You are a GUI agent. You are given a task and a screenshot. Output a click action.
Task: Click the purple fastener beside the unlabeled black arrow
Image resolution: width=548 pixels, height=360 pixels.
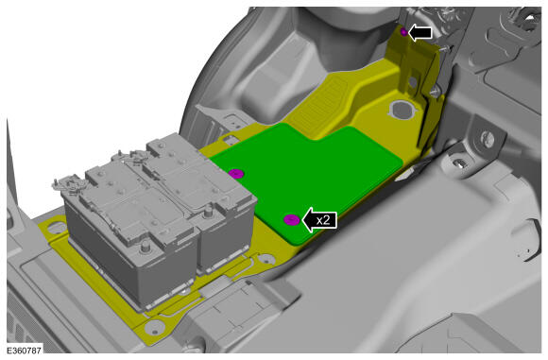tap(403, 32)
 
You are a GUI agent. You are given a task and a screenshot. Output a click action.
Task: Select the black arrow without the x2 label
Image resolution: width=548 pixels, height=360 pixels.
tap(420, 33)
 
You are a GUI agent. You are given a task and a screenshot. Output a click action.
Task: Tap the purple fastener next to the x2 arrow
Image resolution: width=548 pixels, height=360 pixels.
tap(291, 220)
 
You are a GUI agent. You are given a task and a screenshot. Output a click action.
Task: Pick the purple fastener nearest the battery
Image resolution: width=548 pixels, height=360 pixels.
tap(236, 173)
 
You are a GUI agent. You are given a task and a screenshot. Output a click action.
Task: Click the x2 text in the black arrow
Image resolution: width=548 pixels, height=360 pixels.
tap(323, 220)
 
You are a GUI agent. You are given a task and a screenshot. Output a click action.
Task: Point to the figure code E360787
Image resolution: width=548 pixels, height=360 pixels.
tap(25, 350)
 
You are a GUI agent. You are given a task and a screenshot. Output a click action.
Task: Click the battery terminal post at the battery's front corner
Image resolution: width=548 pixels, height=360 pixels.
tap(144, 247)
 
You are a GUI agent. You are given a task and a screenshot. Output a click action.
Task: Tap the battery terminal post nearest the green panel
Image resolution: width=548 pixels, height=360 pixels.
tap(208, 211)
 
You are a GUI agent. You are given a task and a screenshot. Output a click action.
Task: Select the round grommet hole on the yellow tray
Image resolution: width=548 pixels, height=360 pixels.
tap(402, 109)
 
